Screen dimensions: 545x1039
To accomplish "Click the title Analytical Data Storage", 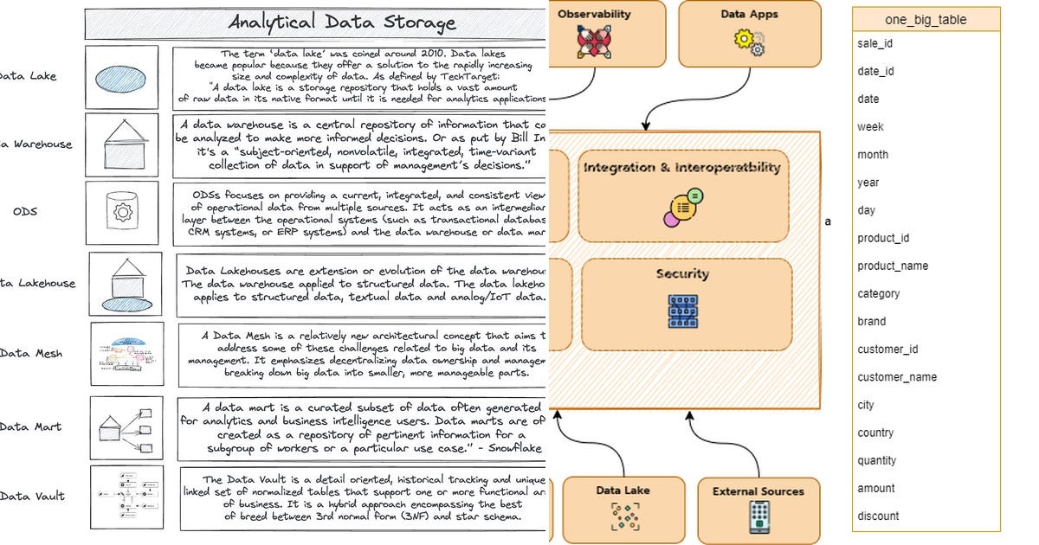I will click(x=341, y=22).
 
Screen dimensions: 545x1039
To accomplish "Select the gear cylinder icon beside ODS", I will click(x=121, y=212).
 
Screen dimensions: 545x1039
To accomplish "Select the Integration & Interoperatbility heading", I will click(x=682, y=168).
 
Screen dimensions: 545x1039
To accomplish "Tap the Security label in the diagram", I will click(x=682, y=274).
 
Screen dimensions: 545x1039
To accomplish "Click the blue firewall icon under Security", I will click(x=682, y=311).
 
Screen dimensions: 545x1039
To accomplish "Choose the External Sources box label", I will click(x=758, y=491).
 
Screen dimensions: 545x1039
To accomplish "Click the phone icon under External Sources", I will click(x=758, y=516).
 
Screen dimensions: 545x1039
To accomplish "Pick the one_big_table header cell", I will click(x=926, y=20).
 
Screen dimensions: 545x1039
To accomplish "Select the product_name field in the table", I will click(x=893, y=266).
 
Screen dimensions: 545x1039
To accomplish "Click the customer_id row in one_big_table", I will click(x=887, y=349).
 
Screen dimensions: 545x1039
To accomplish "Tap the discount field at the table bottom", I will click(x=878, y=516).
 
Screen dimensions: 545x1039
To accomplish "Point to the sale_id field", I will click(x=874, y=43).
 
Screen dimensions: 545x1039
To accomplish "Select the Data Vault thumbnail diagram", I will click(x=126, y=497).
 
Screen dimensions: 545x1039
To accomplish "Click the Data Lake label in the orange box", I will click(x=622, y=490).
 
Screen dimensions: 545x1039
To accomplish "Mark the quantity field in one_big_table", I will click(x=877, y=460).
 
